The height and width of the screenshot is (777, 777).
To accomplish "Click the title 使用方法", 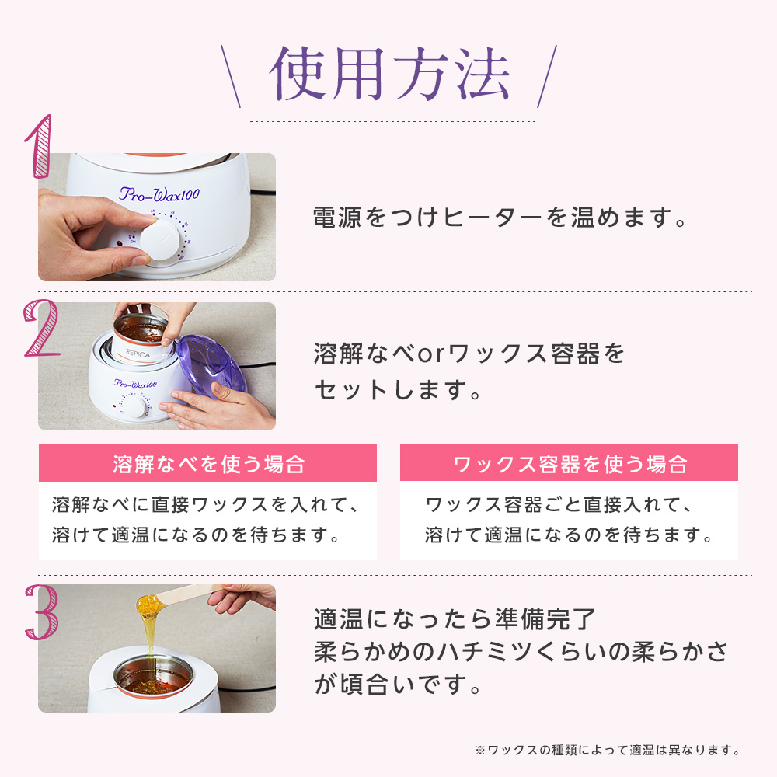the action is click(x=390, y=75).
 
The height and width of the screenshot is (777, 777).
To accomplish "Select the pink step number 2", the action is click(x=41, y=328).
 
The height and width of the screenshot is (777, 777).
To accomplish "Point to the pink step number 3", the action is click(x=42, y=612).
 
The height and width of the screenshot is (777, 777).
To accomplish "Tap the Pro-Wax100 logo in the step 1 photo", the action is click(x=159, y=194).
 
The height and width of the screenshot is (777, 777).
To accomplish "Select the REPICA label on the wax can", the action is click(x=138, y=354).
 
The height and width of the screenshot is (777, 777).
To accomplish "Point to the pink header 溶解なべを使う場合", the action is click(x=207, y=463).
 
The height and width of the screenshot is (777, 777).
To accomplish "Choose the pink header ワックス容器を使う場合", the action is click(x=569, y=463).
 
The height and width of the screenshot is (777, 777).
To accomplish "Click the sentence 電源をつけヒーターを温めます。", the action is click(x=500, y=218).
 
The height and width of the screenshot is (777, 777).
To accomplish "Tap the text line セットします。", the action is click(x=398, y=389).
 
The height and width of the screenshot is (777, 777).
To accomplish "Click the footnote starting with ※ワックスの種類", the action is click(x=608, y=750).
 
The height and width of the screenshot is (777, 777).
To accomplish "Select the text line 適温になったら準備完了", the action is click(x=455, y=619).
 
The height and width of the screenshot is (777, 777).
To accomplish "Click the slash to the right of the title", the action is click(x=547, y=76).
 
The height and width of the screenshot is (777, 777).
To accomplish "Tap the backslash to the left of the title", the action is click(x=231, y=76).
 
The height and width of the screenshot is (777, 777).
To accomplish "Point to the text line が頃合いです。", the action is click(x=398, y=685).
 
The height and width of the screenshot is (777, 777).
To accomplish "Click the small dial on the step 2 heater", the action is click(x=134, y=406).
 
